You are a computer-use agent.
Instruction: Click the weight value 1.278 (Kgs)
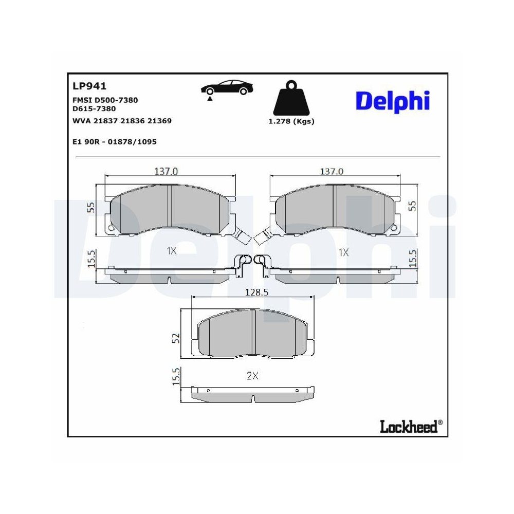(x=291, y=122)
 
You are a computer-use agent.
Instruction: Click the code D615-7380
(x=95, y=108)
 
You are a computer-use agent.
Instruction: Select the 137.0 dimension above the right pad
(x=332, y=172)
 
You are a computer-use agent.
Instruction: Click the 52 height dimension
(x=176, y=338)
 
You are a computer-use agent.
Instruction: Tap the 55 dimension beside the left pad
(x=92, y=207)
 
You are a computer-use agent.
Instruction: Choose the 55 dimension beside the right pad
(x=411, y=206)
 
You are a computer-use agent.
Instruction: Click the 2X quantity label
(x=252, y=376)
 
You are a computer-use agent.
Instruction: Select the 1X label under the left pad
(x=171, y=251)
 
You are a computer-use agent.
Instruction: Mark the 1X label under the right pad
(x=343, y=252)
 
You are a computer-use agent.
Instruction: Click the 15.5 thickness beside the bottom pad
(x=176, y=376)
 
